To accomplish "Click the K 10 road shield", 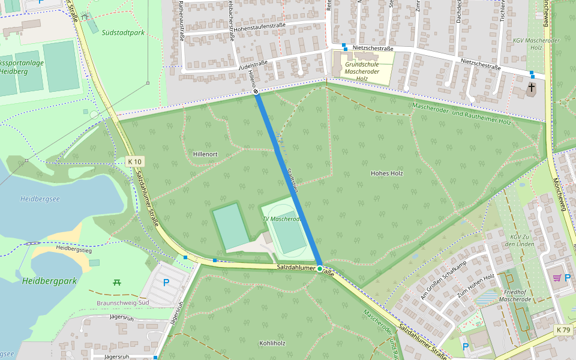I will [136, 161].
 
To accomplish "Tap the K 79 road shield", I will [563, 329].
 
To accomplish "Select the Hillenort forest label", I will [205, 154].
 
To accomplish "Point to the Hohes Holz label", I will [386, 173].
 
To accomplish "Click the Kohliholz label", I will [272, 343].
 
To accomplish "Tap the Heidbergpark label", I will [49, 281].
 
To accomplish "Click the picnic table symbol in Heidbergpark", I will [116, 281].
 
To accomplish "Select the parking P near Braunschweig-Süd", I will [166, 283].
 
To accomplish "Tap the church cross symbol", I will [531, 88].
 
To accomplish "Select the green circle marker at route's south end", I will [320, 268].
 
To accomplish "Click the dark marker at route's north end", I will [256, 92].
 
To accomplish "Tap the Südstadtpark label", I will [123, 33].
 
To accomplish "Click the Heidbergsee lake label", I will [40, 199].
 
